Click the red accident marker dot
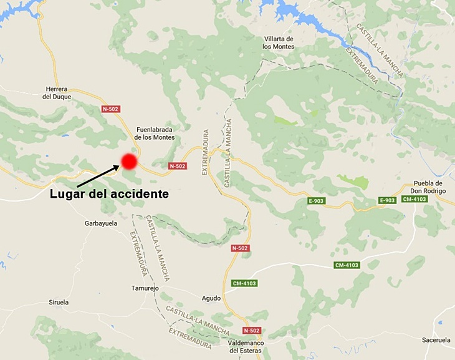[x=129, y=162]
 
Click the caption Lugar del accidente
[x=110, y=194]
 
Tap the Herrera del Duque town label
[x=57, y=92]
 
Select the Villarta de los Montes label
[x=278, y=42]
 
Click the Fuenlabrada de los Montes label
[x=155, y=132]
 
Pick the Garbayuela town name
[x=101, y=223]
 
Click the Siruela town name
[x=59, y=302]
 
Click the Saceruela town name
[x=436, y=340]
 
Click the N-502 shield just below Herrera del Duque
[x=110, y=109]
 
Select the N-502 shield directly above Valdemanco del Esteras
[x=251, y=330]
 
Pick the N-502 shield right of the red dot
[x=177, y=166]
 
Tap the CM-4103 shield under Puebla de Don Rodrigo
[x=414, y=199]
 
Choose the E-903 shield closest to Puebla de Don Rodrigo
[x=387, y=200]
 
